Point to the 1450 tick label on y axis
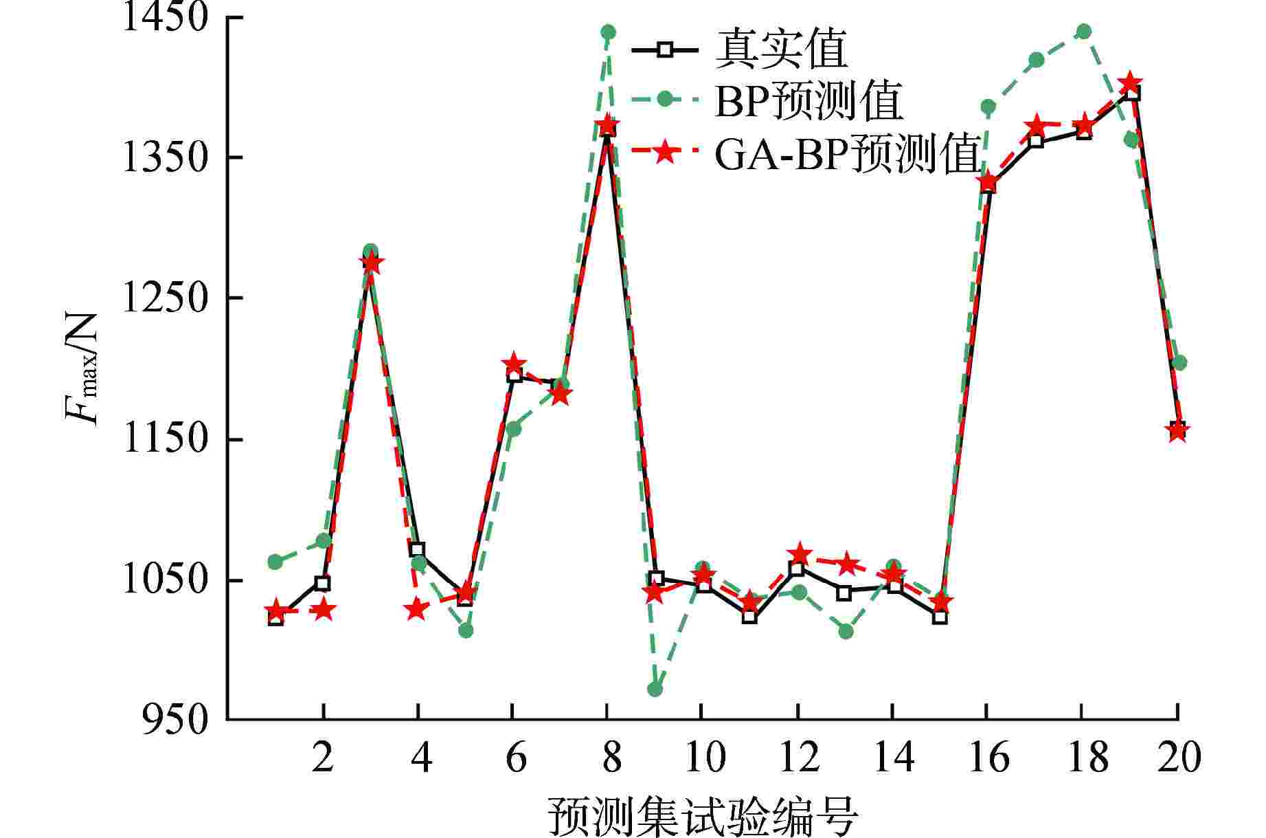[x=164, y=17]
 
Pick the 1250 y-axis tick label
[x=164, y=298]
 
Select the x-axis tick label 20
[x=1178, y=756]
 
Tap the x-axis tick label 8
[x=607, y=756]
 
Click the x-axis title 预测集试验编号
[x=702, y=816]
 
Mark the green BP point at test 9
[x=655, y=689]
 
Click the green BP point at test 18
[x=1083, y=32]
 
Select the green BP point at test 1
[x=275, y=562]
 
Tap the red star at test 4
[x=416, y=609]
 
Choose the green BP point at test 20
[x=1179, y=362]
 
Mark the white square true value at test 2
[x=323, y=584]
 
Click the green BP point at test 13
[x=845, y=631]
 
